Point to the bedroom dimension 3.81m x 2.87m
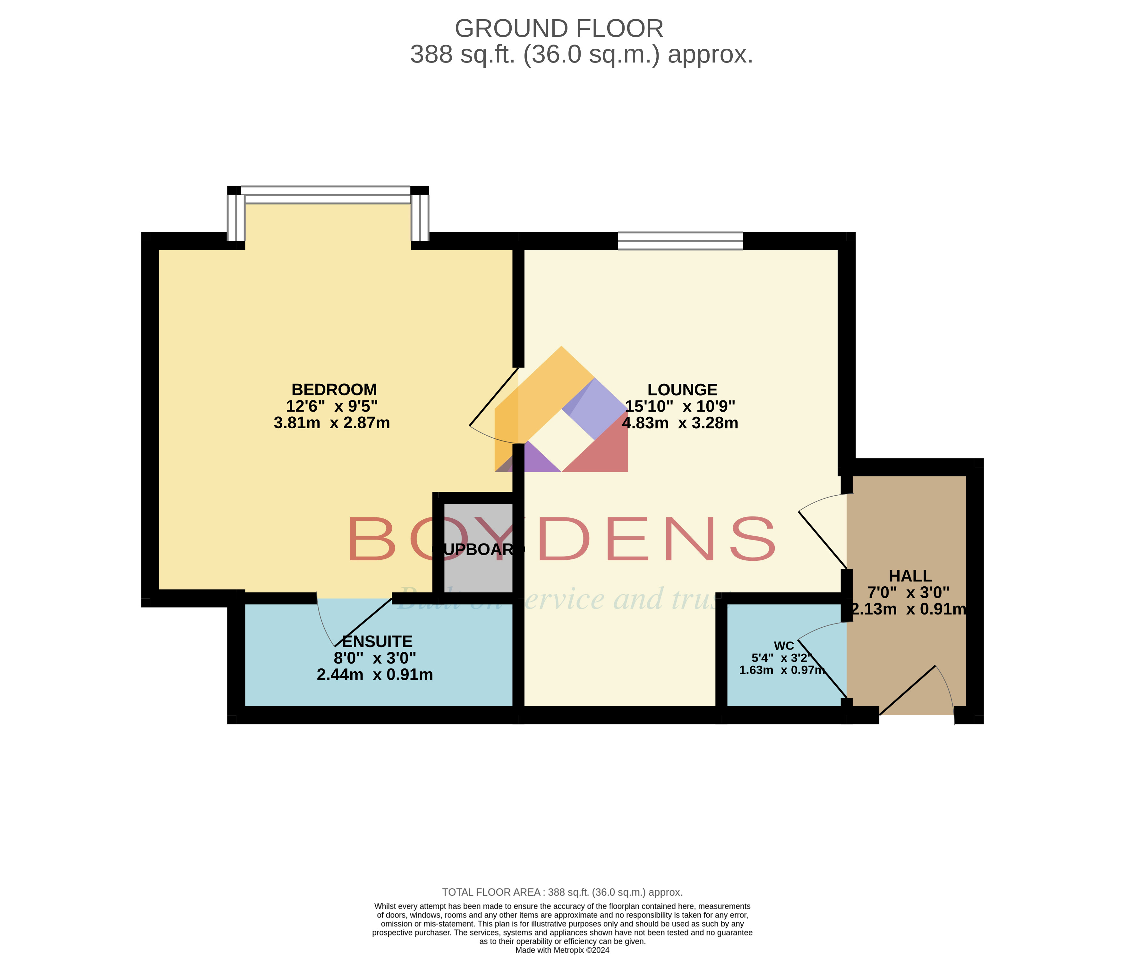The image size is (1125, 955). coord(331,423)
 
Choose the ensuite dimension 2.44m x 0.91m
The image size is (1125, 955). coord(374,674)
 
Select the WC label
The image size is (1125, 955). coord(783,645)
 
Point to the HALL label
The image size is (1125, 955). coord(910,576)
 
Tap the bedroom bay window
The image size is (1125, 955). coord(328,195)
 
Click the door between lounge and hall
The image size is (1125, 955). coord(822,533)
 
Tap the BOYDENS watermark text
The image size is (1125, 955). coord(561,539)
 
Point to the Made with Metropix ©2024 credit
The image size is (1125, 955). coord(562,950)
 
